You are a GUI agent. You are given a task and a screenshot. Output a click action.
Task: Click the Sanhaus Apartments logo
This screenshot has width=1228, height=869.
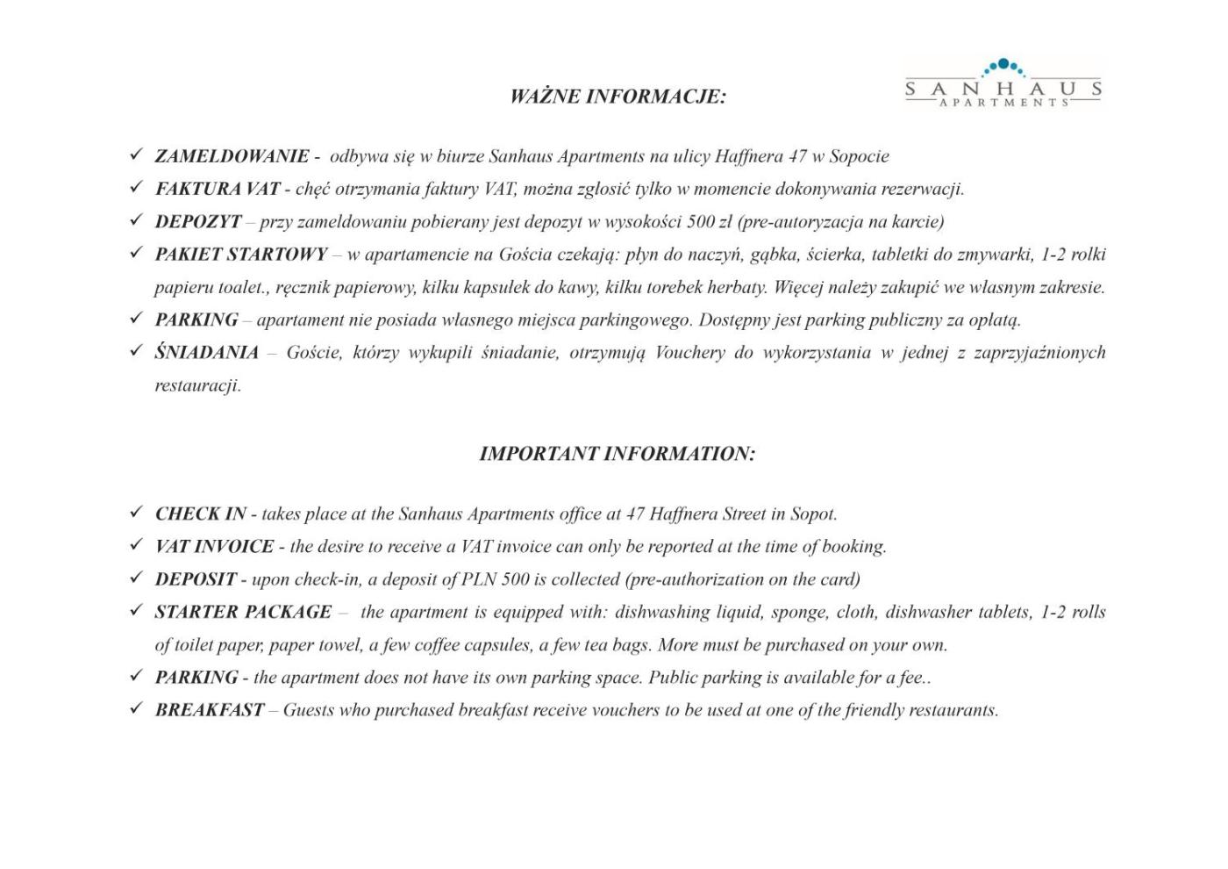(1003, 83)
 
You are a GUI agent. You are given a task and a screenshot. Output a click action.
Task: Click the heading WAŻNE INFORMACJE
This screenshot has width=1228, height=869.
(618, 97)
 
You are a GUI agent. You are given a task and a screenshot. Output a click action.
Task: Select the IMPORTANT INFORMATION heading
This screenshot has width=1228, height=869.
(617, 454)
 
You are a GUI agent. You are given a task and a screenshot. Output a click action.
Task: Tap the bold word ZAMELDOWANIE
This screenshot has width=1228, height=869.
(232, 156)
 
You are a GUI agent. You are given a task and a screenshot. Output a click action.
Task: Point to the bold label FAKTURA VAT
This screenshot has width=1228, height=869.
(218, 189)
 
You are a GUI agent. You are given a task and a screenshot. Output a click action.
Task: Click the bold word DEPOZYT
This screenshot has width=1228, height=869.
(198, 221)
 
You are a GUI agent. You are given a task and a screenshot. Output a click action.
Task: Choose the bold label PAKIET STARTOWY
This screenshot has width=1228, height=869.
(241, 255)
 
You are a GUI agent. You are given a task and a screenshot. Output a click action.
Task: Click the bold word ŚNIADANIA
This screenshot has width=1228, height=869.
(207, 353)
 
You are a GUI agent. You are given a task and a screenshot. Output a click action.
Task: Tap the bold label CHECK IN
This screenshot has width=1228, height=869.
(201, 513)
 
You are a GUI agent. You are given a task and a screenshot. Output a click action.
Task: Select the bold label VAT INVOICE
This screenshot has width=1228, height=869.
(215, 546)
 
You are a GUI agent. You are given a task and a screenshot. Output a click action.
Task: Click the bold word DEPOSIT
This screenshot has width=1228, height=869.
(196, 579)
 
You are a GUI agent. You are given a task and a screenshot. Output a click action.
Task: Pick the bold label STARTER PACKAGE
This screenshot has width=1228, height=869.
(244, 612)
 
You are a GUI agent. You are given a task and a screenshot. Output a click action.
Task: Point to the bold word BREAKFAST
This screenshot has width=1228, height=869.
(210, 710)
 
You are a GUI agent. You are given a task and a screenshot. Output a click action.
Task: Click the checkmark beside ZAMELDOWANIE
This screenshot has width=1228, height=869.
(135, 155)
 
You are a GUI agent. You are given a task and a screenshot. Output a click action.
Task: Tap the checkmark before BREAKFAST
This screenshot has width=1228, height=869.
(135, 708)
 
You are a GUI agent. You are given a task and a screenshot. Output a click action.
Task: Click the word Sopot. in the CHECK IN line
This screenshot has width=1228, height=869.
(814, 513)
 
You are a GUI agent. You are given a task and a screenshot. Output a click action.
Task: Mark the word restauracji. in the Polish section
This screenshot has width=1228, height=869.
(198, 385)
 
